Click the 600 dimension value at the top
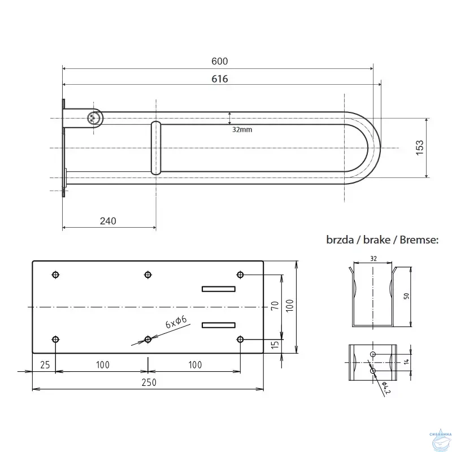(219, 62)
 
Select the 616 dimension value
(219, 79)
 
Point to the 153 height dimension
(419, 148)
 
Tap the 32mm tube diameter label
(242, 129)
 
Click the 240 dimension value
(107, 221)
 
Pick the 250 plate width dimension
(148, 382)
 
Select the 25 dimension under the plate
(45, 364)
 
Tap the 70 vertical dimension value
(275, 307)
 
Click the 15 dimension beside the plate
(275, 346)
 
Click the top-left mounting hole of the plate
(55, 275)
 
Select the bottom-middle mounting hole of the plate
(148, 339)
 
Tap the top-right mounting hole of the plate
(240, 275)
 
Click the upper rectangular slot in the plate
(219, 289)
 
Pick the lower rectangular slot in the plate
(219, 324)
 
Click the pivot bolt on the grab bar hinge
(94, 118)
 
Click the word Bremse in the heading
(418, 240)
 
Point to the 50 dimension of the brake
(407, 297)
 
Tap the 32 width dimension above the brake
(373, 258)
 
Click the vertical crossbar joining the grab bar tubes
(155, 147)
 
